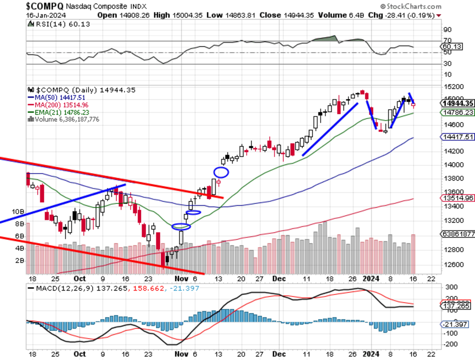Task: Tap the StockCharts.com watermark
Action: tap(411, 7)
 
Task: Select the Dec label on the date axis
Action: tap(279, 278)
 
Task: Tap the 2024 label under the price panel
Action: tap(371, 278)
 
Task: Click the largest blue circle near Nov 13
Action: tap(221, 172)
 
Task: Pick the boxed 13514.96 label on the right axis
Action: tap(458, 198)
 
